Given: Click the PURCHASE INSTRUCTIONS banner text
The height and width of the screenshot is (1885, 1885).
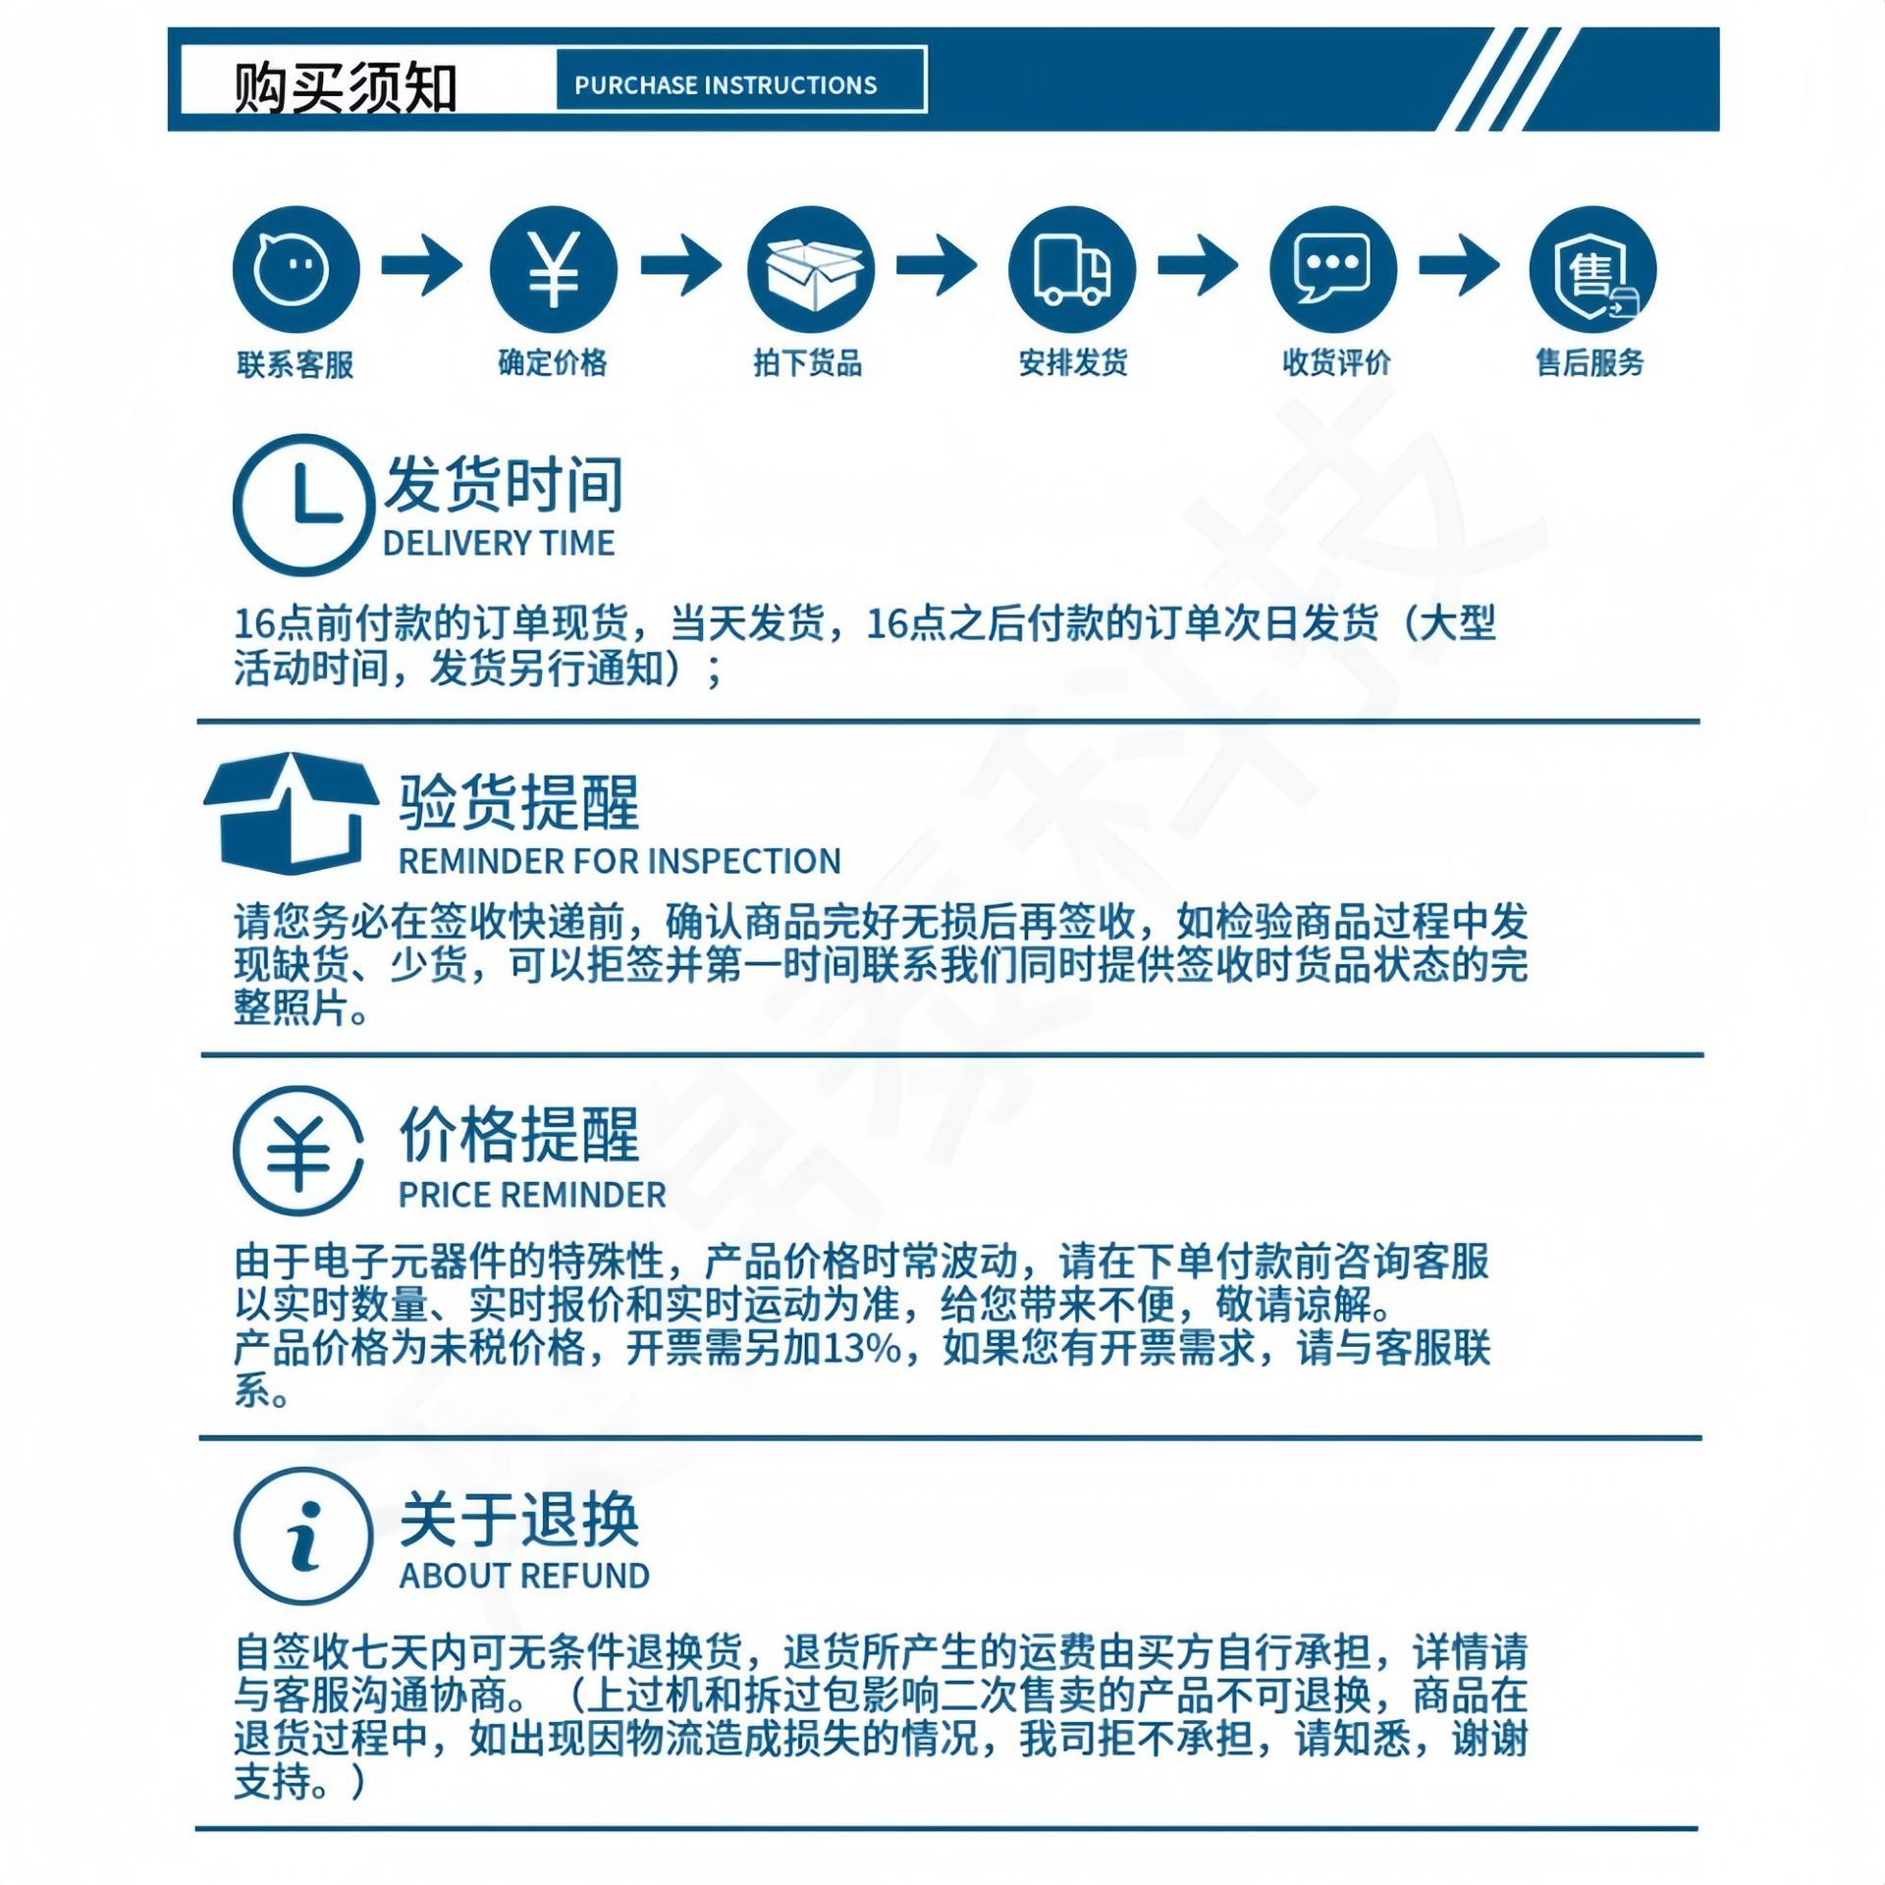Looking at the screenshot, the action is coord(726,85).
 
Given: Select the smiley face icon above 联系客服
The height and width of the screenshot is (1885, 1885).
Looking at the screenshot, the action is coord(296,270).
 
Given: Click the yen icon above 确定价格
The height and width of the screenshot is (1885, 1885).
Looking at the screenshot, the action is coord(554,270).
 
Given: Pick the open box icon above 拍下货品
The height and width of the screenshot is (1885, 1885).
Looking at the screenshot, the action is coord(811,270).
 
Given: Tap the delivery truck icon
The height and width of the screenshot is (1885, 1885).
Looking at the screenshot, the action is coord(1072,270).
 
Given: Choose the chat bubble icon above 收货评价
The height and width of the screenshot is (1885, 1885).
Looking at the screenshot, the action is coord(1333,270).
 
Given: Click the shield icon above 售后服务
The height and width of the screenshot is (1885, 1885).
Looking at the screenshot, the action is coord(1592,270).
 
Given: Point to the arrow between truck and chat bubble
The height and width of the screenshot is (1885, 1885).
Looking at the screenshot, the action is coord(1199,265).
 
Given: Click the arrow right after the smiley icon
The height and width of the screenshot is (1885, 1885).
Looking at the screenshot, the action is coord(422,265).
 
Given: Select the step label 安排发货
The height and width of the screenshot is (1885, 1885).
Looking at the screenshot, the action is coord(1073,363).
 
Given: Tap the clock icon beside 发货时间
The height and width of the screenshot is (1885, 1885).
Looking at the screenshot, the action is coord(303,505).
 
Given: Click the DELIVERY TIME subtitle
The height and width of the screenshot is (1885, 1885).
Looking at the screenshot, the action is coord(499,543).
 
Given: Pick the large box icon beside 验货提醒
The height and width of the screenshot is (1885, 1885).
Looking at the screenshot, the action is coord(292,813).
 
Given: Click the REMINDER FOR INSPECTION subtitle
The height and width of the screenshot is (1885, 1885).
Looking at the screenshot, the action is coord(619,861).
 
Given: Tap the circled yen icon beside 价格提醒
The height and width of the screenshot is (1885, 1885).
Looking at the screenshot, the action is coord(298,1151).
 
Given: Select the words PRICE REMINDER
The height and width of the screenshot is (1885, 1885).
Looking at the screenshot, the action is coord(532,1195).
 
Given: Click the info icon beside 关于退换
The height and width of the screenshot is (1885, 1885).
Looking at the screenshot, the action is coord(303,1536).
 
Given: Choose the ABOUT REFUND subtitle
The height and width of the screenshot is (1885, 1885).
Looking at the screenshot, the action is coord(524,1576).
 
